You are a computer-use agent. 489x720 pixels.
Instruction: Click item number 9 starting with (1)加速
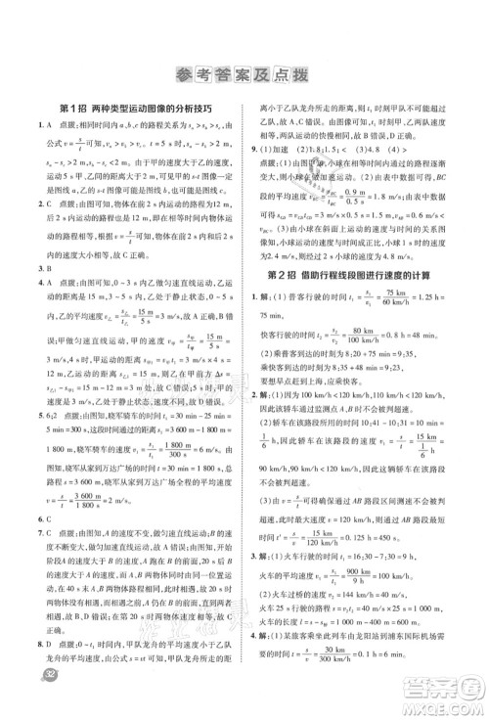265,148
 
